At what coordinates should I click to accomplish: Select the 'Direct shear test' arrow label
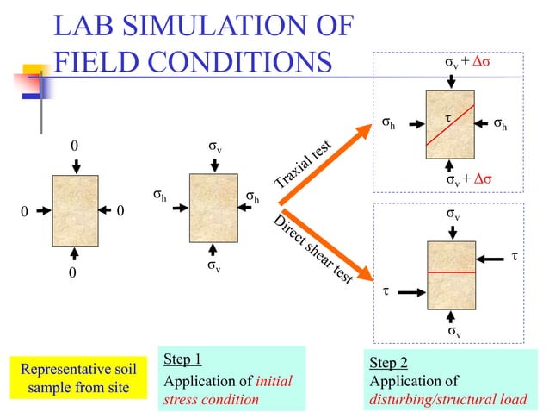tap(312, 249)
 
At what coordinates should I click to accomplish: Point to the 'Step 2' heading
tap(387, 362)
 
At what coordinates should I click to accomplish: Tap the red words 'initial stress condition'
tap(215, 390)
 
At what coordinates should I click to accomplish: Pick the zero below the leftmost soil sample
tap(72, 272)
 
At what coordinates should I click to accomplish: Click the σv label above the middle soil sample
tap(214, 147)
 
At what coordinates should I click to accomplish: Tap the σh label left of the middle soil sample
tap(160, 196)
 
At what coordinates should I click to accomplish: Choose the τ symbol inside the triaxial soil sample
tap(447, 115)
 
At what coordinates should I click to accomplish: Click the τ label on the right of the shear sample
tap(515, 256)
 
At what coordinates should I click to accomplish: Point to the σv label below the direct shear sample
tap(453, 331)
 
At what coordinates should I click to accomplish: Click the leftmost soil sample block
tap(76, 210)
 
